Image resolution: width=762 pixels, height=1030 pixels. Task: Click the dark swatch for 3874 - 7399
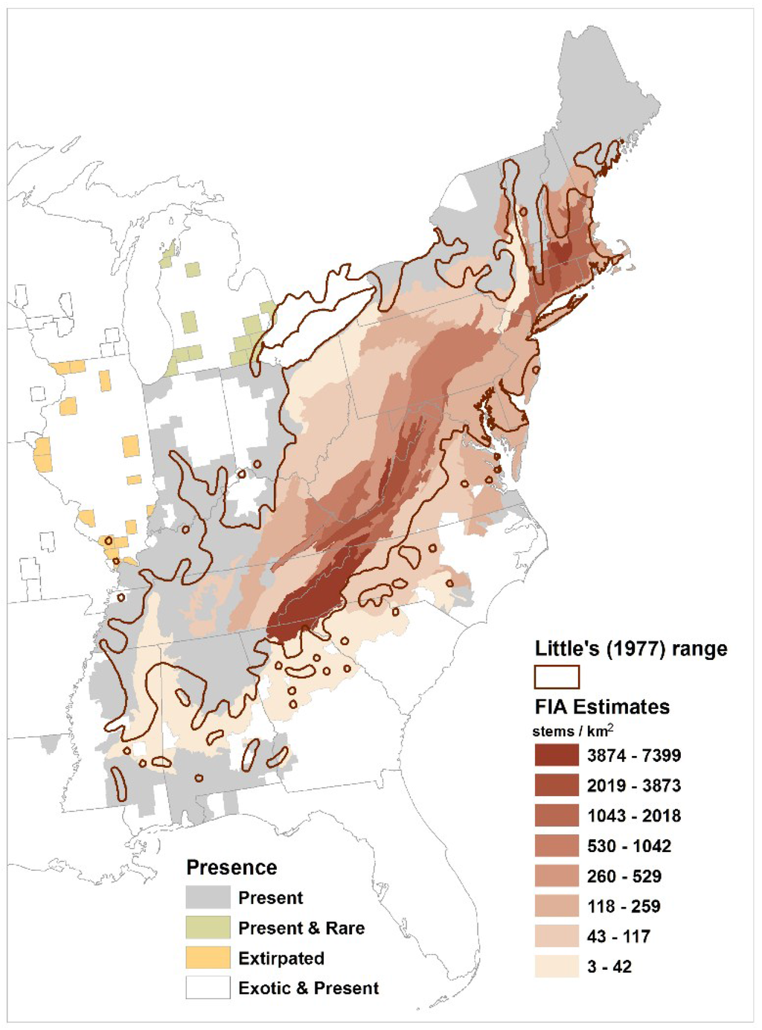tap(556, 755)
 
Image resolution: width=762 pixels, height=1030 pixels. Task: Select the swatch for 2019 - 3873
tap(556, 786)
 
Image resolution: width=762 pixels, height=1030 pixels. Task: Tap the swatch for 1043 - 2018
tap(556, 816)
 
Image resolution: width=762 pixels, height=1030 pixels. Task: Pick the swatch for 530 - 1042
tap(556, 846)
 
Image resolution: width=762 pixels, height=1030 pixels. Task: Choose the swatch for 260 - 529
tap(556, 876)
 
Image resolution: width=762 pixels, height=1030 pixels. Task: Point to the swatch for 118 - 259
tap(556, 906)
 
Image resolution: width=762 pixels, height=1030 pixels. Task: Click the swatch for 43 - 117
tap(556, 936)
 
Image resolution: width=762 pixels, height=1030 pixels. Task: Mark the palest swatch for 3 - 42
tap(556, 967)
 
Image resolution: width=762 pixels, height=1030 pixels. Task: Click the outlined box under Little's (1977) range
tap(556, 677)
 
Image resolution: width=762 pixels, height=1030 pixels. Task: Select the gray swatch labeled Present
tap(208, 897)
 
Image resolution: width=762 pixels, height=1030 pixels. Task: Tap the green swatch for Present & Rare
tap(208, 927)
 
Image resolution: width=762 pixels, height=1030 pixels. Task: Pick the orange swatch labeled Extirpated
tap(208, 958)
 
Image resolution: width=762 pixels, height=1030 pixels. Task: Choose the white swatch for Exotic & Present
tap(208, 988)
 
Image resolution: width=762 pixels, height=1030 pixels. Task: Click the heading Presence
tap(231, 868)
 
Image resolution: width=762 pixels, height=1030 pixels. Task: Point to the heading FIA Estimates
tap(602, 707)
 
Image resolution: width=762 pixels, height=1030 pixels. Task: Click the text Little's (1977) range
tap(631, 649)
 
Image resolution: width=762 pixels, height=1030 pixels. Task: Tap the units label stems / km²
tap(572, 731)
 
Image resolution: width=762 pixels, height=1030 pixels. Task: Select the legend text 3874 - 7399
tap(634, 755)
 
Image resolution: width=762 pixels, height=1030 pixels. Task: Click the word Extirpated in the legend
tap(281, 959)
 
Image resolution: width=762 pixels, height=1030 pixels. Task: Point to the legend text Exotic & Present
tap(309, 988)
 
